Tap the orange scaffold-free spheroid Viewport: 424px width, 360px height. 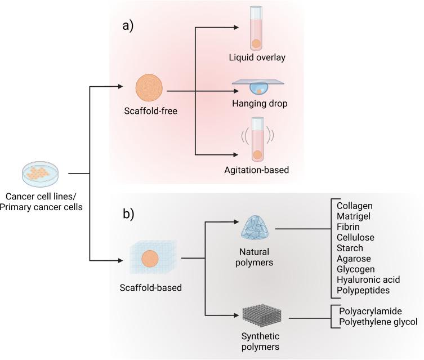tap(150, 89)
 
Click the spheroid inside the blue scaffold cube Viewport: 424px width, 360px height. tap(150, 259)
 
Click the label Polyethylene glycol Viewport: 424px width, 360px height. tap(378, 322)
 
